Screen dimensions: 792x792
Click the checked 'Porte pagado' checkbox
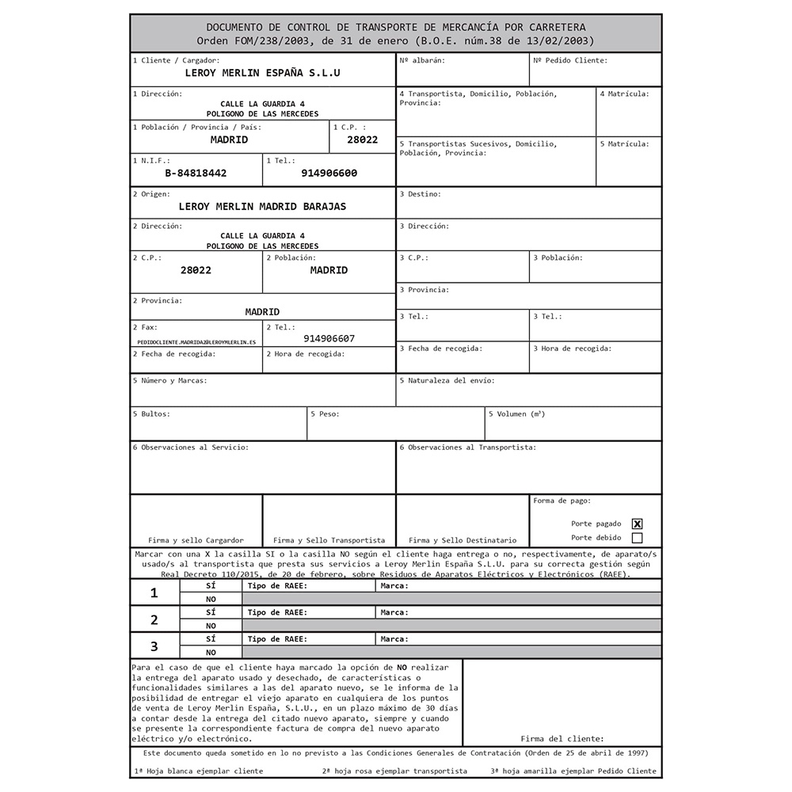[x=637, y=524]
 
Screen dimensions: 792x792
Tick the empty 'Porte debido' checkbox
[x=637, y=538]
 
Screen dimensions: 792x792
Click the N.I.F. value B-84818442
[x=196, y=173]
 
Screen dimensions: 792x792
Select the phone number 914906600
[x=329, y=173]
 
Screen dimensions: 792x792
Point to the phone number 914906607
[x=329, y=338]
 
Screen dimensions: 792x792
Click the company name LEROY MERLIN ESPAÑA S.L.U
[x=262, y=72]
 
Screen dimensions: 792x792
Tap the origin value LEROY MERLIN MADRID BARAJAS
[x=262, y=207]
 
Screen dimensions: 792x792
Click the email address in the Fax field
[x=196, y=341]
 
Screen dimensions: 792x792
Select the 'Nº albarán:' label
[x=422, y=60]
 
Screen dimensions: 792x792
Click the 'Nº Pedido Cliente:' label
[x=570, y=60]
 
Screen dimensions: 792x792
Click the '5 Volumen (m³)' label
[x=516, y=413]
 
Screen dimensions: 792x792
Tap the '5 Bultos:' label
[x=151, y=413]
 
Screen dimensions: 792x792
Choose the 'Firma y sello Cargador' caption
[x=196, y=540]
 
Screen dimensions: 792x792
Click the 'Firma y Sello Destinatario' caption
[x=463, y=540]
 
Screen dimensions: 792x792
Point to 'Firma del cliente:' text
[x=562, y=738]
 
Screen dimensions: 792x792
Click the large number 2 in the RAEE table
[x=154, y=619]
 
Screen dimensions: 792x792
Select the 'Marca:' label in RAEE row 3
[x=394, y=639]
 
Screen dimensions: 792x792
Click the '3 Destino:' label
[x=421, y=194]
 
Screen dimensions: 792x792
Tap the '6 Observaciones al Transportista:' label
[x=467, y=447]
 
